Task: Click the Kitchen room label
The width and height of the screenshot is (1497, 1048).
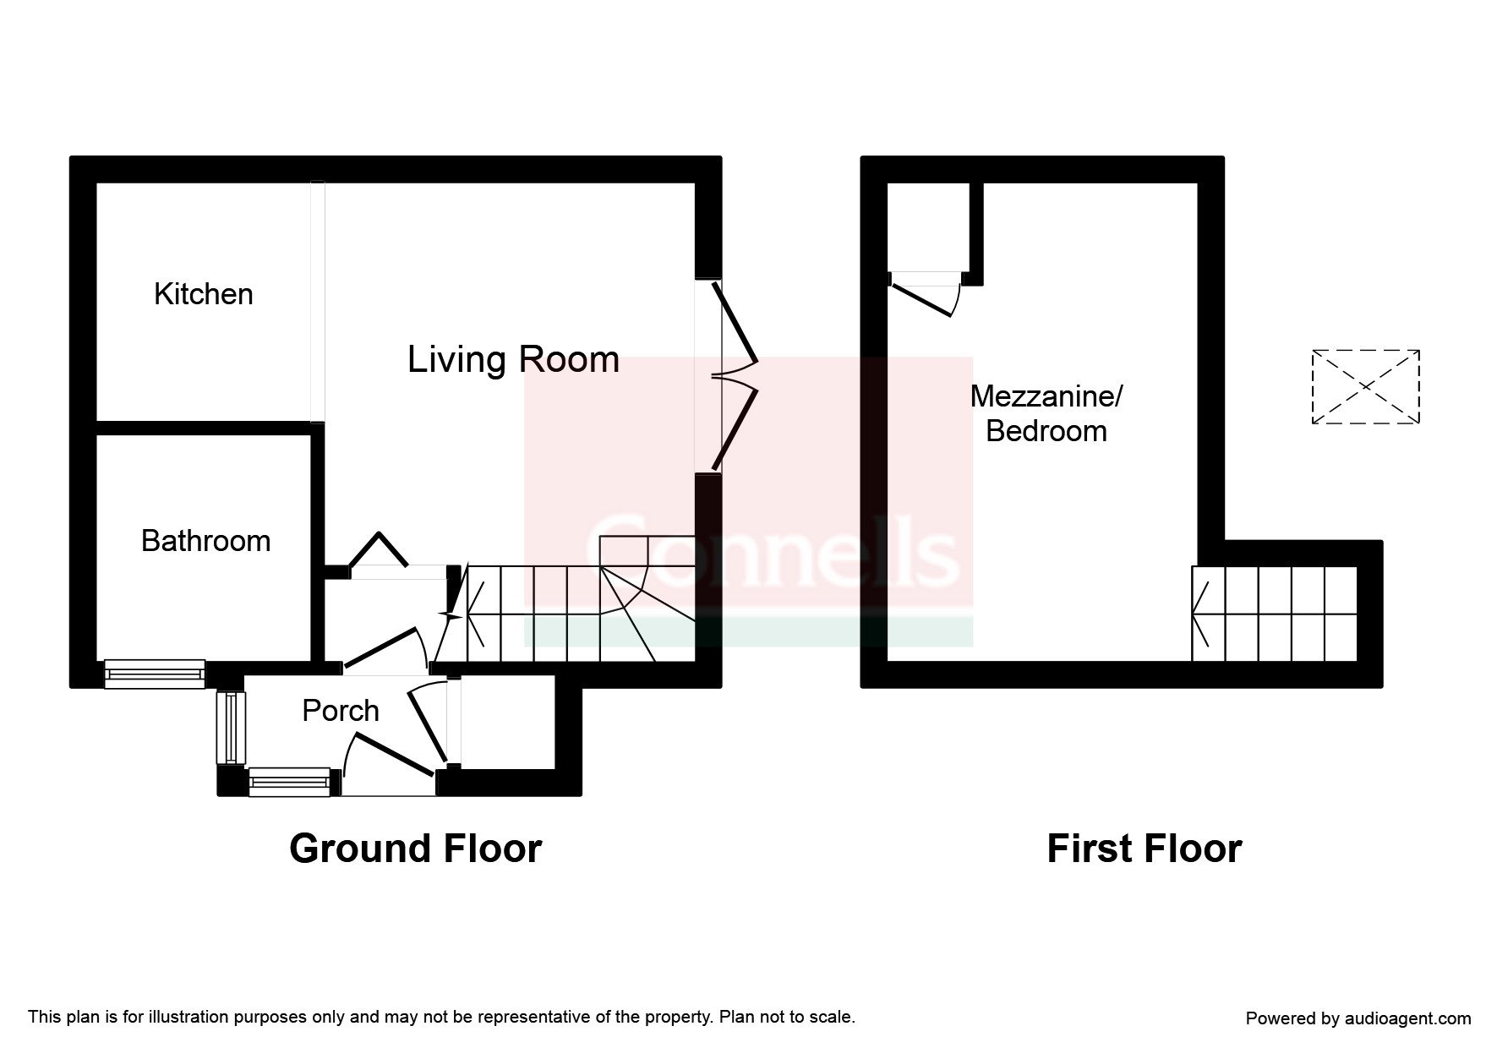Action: coord(203,294)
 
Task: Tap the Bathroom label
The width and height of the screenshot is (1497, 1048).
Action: coord(205,541)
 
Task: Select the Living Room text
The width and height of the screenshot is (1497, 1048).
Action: coord(513,360)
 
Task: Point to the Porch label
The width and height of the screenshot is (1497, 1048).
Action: coord(341,711)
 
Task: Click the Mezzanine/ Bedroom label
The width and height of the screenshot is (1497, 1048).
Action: coord(1046,413)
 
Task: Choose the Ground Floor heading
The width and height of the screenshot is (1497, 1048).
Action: coord(415,849)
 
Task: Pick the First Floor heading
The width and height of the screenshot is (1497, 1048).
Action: coord(1145,849)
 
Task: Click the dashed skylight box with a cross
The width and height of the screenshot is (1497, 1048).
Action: coord(1365,386)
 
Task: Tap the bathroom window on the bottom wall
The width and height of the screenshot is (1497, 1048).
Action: coord(155,674)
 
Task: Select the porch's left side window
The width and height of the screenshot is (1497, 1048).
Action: coord(231,728)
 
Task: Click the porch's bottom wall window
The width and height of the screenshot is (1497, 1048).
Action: coord(289,782)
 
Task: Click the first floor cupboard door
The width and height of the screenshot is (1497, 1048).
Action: coord(925,294)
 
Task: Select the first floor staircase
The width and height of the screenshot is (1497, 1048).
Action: coord(1275,614)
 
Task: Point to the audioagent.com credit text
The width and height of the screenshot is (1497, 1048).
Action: coord(1358,1018)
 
